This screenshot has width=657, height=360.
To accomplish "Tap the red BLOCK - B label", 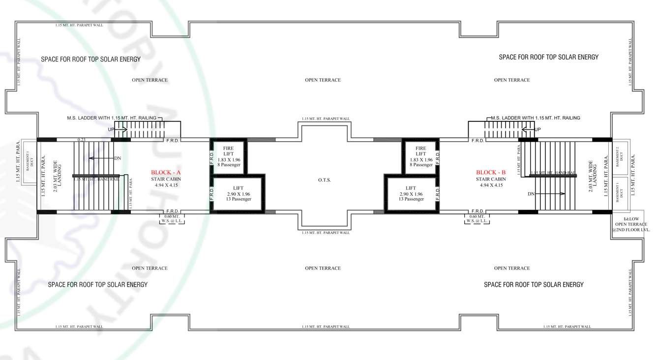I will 490,173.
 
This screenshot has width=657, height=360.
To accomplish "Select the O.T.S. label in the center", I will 324,180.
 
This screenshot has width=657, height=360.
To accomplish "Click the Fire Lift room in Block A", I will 228,156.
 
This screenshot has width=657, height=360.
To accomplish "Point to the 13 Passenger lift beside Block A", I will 239,194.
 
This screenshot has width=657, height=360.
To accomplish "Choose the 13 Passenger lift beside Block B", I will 411,194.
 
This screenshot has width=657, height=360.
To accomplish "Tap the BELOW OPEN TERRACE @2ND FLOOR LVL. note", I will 631,224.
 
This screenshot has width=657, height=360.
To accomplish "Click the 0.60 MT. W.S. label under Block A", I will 172,219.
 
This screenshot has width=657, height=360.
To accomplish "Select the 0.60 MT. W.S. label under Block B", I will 477,219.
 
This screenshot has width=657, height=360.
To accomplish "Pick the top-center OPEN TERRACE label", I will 323,80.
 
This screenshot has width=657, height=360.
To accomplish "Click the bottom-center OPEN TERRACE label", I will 323,269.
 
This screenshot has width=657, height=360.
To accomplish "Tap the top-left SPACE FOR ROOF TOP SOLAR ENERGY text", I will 91,60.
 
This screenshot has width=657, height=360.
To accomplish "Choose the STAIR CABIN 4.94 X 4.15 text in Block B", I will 491,182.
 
